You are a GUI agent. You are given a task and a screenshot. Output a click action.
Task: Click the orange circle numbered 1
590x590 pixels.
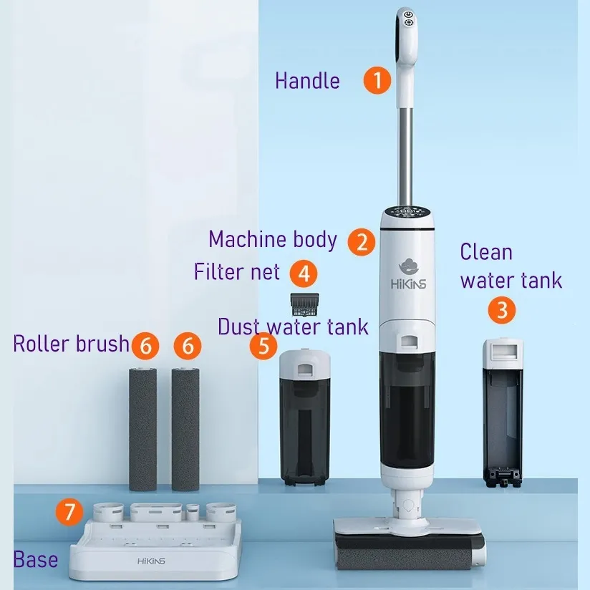(x=377, y=79)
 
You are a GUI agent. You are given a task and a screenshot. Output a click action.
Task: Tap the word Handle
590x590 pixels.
(x=307, y=80)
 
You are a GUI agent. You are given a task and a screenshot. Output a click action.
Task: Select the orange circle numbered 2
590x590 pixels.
(x=362, y=241)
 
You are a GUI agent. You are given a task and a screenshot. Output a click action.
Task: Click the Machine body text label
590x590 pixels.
(x=273, y=239)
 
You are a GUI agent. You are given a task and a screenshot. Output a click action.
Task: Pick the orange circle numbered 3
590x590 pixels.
(x=502, y=310)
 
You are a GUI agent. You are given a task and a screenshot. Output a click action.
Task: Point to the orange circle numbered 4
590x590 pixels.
(x=304, y=273)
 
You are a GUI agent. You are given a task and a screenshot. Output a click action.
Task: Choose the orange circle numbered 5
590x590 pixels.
(x=263, y=346)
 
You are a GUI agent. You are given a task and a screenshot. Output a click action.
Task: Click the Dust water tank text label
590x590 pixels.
(x=293, y=327)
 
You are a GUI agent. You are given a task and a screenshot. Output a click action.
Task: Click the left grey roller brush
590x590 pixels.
(x=142, y=428)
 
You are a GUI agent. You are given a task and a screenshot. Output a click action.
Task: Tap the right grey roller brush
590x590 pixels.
(x=185, y=428)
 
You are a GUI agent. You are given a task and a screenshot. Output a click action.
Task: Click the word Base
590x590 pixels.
(x=36, y=559)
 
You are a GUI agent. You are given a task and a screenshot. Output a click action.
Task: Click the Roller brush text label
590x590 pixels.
(x=71, y=344)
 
